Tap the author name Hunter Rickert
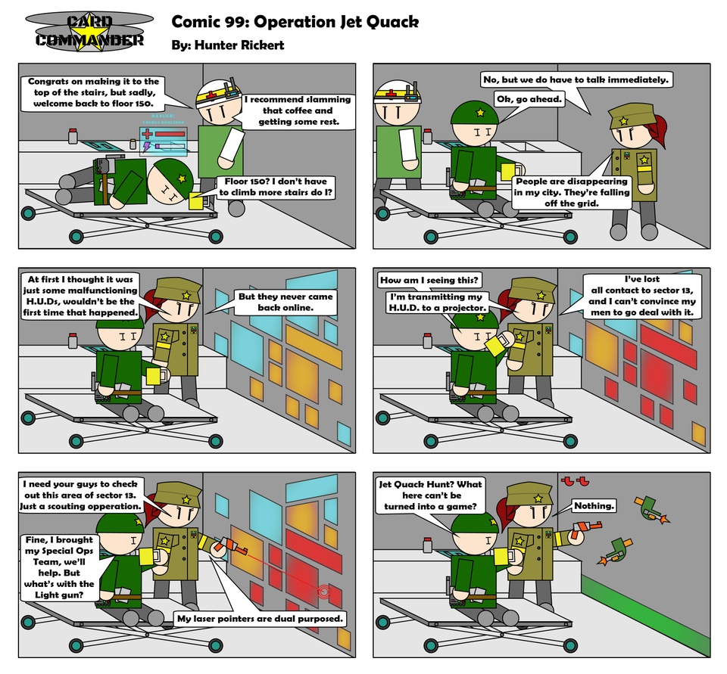[239, 45]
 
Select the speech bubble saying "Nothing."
[594, 505]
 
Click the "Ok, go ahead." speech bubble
[529, 99]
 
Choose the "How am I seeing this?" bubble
[430, 280]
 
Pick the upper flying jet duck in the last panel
[651, 508]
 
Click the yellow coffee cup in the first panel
[196, 201]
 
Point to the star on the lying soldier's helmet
[182, 179]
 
